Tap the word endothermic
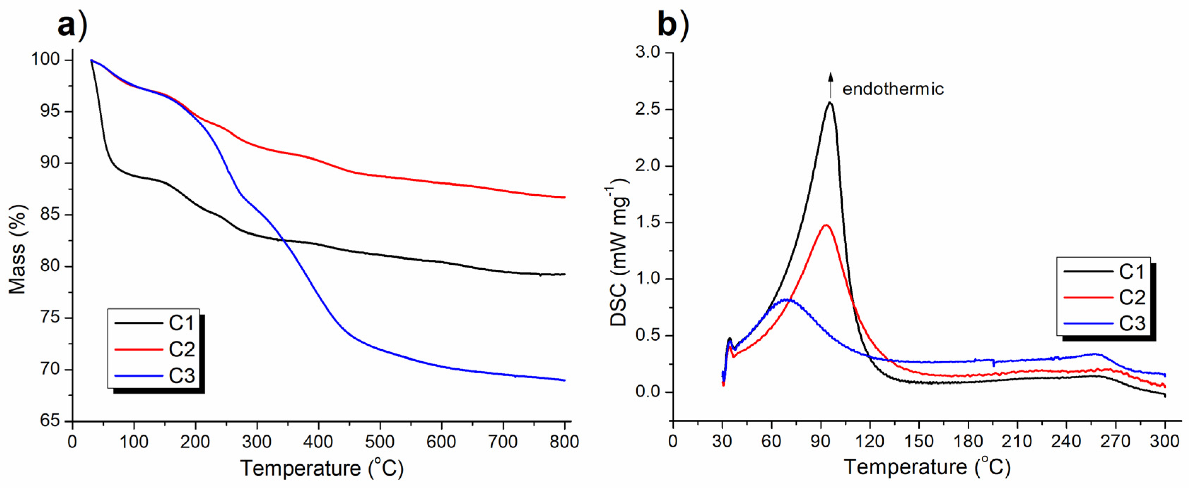(893, 89)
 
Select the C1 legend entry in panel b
(1106, 271)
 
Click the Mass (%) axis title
(18, 249)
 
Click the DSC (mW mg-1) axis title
(619, 252)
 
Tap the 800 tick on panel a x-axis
(564, 442)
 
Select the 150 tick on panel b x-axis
(919, 442)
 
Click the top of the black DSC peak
(830, 102)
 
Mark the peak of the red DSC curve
(826, 225)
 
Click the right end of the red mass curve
(564, 197)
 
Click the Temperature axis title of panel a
(322, 468)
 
